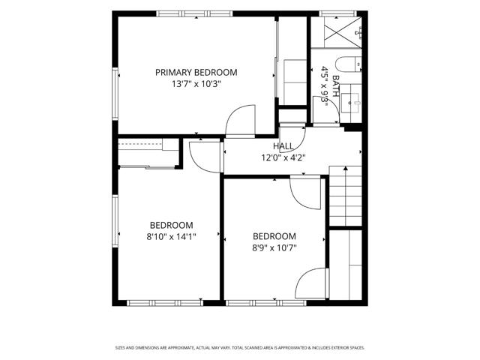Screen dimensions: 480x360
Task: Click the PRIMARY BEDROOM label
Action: pos(196,73)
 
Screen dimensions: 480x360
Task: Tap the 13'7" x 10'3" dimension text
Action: pos(196,84)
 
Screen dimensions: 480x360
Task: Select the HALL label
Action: pos(283,146)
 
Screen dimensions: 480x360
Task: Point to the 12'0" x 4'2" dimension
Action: pos(283,157)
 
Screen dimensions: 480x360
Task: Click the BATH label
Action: pos(336,86)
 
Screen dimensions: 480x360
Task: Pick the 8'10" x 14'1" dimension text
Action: pos(172,237)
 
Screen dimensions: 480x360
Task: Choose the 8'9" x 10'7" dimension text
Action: pos(274,247)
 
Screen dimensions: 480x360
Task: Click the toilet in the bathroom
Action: pos(348,64)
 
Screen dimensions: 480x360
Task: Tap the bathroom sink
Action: pos(351,103)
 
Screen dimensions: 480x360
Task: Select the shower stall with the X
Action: pos(337,32)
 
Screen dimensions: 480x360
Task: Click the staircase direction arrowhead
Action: pos(346,168)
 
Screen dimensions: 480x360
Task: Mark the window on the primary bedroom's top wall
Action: pos(195,13)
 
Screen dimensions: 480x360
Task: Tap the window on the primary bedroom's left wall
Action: pos(115,94)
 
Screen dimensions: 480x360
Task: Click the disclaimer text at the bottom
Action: pos(240,348)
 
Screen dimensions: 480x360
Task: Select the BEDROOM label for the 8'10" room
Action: pos(172,225)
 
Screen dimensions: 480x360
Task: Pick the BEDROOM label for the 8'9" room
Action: pos(274,236)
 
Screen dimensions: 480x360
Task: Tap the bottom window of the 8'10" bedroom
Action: pos(165,303)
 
